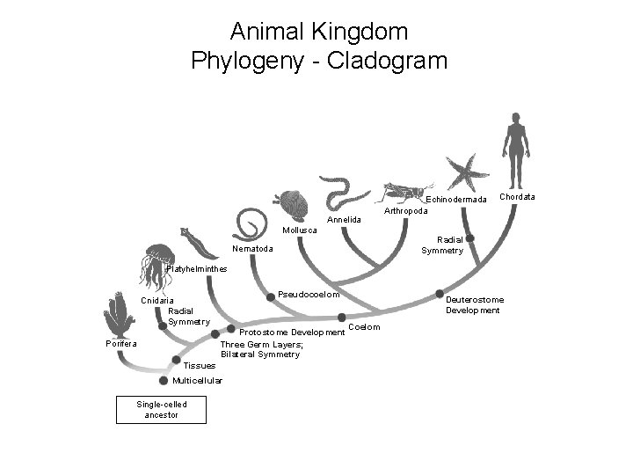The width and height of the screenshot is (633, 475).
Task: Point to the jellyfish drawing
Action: click(x=158, y=264)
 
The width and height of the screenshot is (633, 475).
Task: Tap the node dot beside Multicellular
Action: click(x=164, y=380)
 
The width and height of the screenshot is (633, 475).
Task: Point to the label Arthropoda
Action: click(x=406, y=211)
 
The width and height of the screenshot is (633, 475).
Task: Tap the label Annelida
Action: click(x=344, y=218)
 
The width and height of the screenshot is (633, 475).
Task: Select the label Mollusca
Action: click(x=301, y=230)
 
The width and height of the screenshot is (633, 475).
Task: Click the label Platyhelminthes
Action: click(x=198, y=267)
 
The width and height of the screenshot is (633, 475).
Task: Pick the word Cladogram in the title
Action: click(x=395, y=62)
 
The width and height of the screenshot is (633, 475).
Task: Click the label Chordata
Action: click(x=517, y=196)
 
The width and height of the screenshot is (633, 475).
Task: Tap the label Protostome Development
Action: click(x=291, y=332)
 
